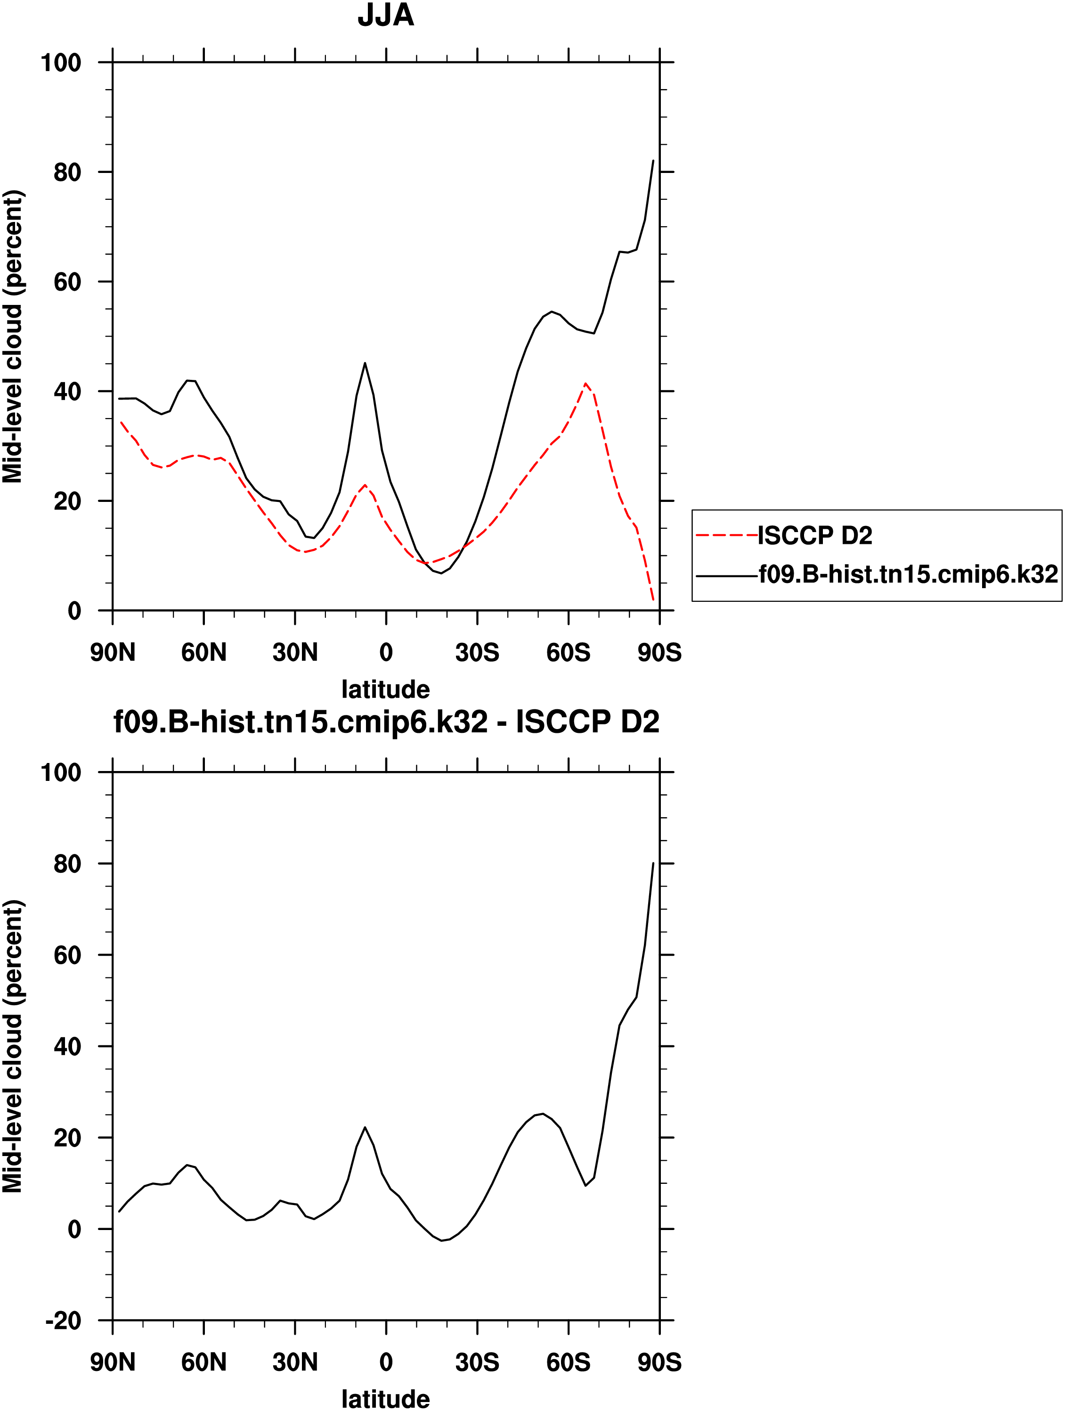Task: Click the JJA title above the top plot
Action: (386, 15)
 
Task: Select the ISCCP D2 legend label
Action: (815, 536)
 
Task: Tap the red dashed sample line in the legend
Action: (726, 535)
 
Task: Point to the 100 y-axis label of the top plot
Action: (61, 63)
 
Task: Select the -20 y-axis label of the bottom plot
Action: (64, 1321)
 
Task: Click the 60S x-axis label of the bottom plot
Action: (568, 1362)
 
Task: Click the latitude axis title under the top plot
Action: (386, 689)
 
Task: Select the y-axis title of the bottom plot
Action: (13, 1046)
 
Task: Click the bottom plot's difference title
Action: (386, 722)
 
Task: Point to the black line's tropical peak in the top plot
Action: (365, 363)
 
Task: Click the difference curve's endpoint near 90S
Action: (653, 863)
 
